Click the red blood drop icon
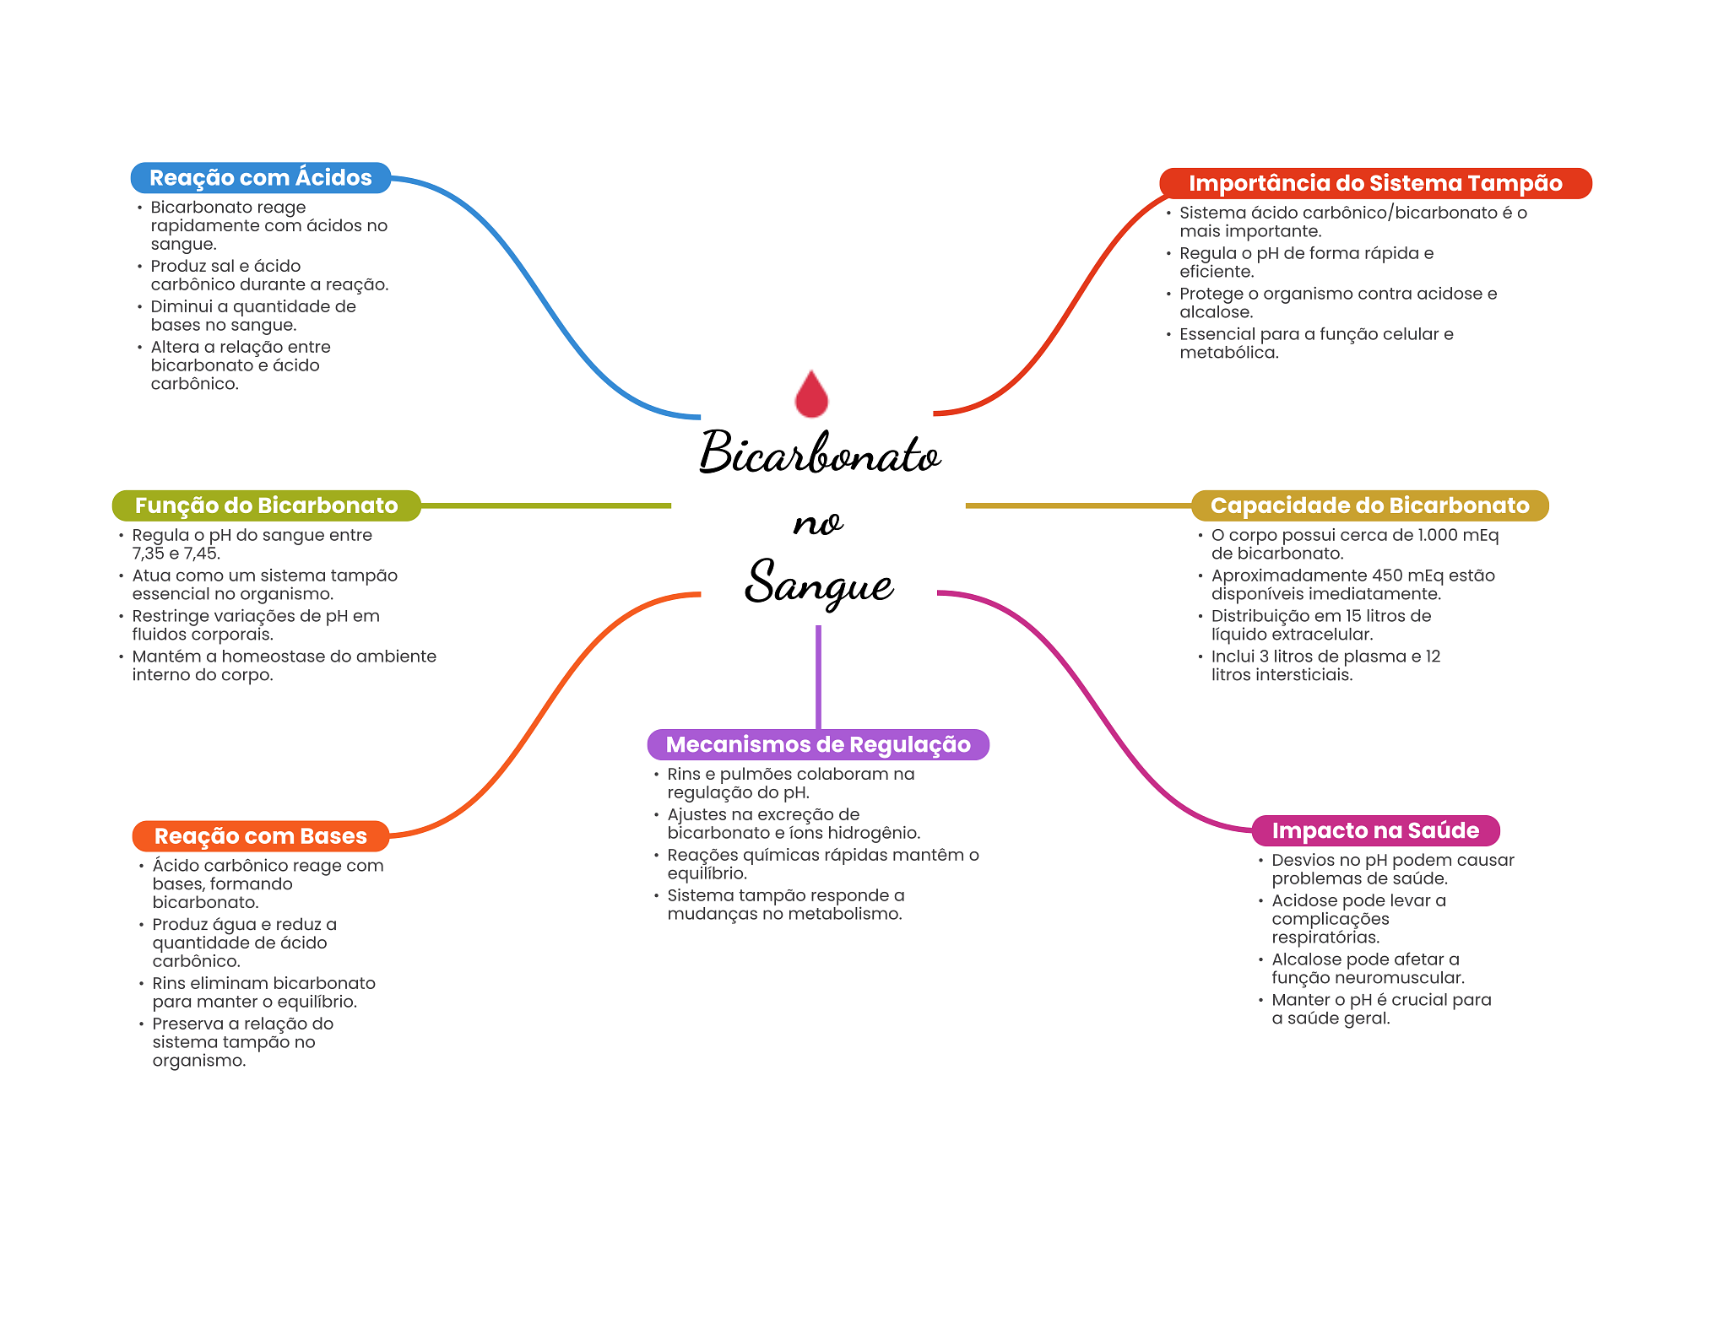coord(811,394)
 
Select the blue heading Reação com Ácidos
coord(260,178)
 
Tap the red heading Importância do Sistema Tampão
coord(1374,183)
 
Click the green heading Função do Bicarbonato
coord(266,505)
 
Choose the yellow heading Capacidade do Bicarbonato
coord(1369,505)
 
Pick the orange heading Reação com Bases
coord(260,836)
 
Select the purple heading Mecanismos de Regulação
coord(817,744)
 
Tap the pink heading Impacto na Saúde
coord(1374,830)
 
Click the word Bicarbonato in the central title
coord(819,453)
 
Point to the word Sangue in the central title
coord(818,583)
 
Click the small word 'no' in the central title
coord(817,523)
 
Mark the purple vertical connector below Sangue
coord(818,675)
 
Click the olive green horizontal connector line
coord(545,505)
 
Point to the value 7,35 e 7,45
coord(176,554)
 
